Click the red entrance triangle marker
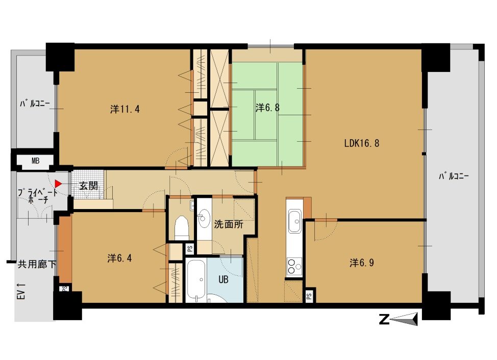coord(58,184)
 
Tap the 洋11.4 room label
coord(125,109)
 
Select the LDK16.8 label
coord(362,143)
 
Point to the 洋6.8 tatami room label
coord(267,108)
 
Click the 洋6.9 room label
coord(362,263)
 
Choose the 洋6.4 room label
coord(119,259)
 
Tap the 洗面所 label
coord(229,224)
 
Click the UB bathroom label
coord(223,279)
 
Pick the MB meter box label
coord(36,161)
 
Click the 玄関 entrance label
coord(88,186)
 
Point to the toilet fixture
coord(182,227)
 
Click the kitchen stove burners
coord(294,266)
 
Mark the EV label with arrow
coord(21,291)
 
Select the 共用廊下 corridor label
coord(37,264)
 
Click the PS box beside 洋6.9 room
coord(309,296)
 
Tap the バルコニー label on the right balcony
coord(454,176)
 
